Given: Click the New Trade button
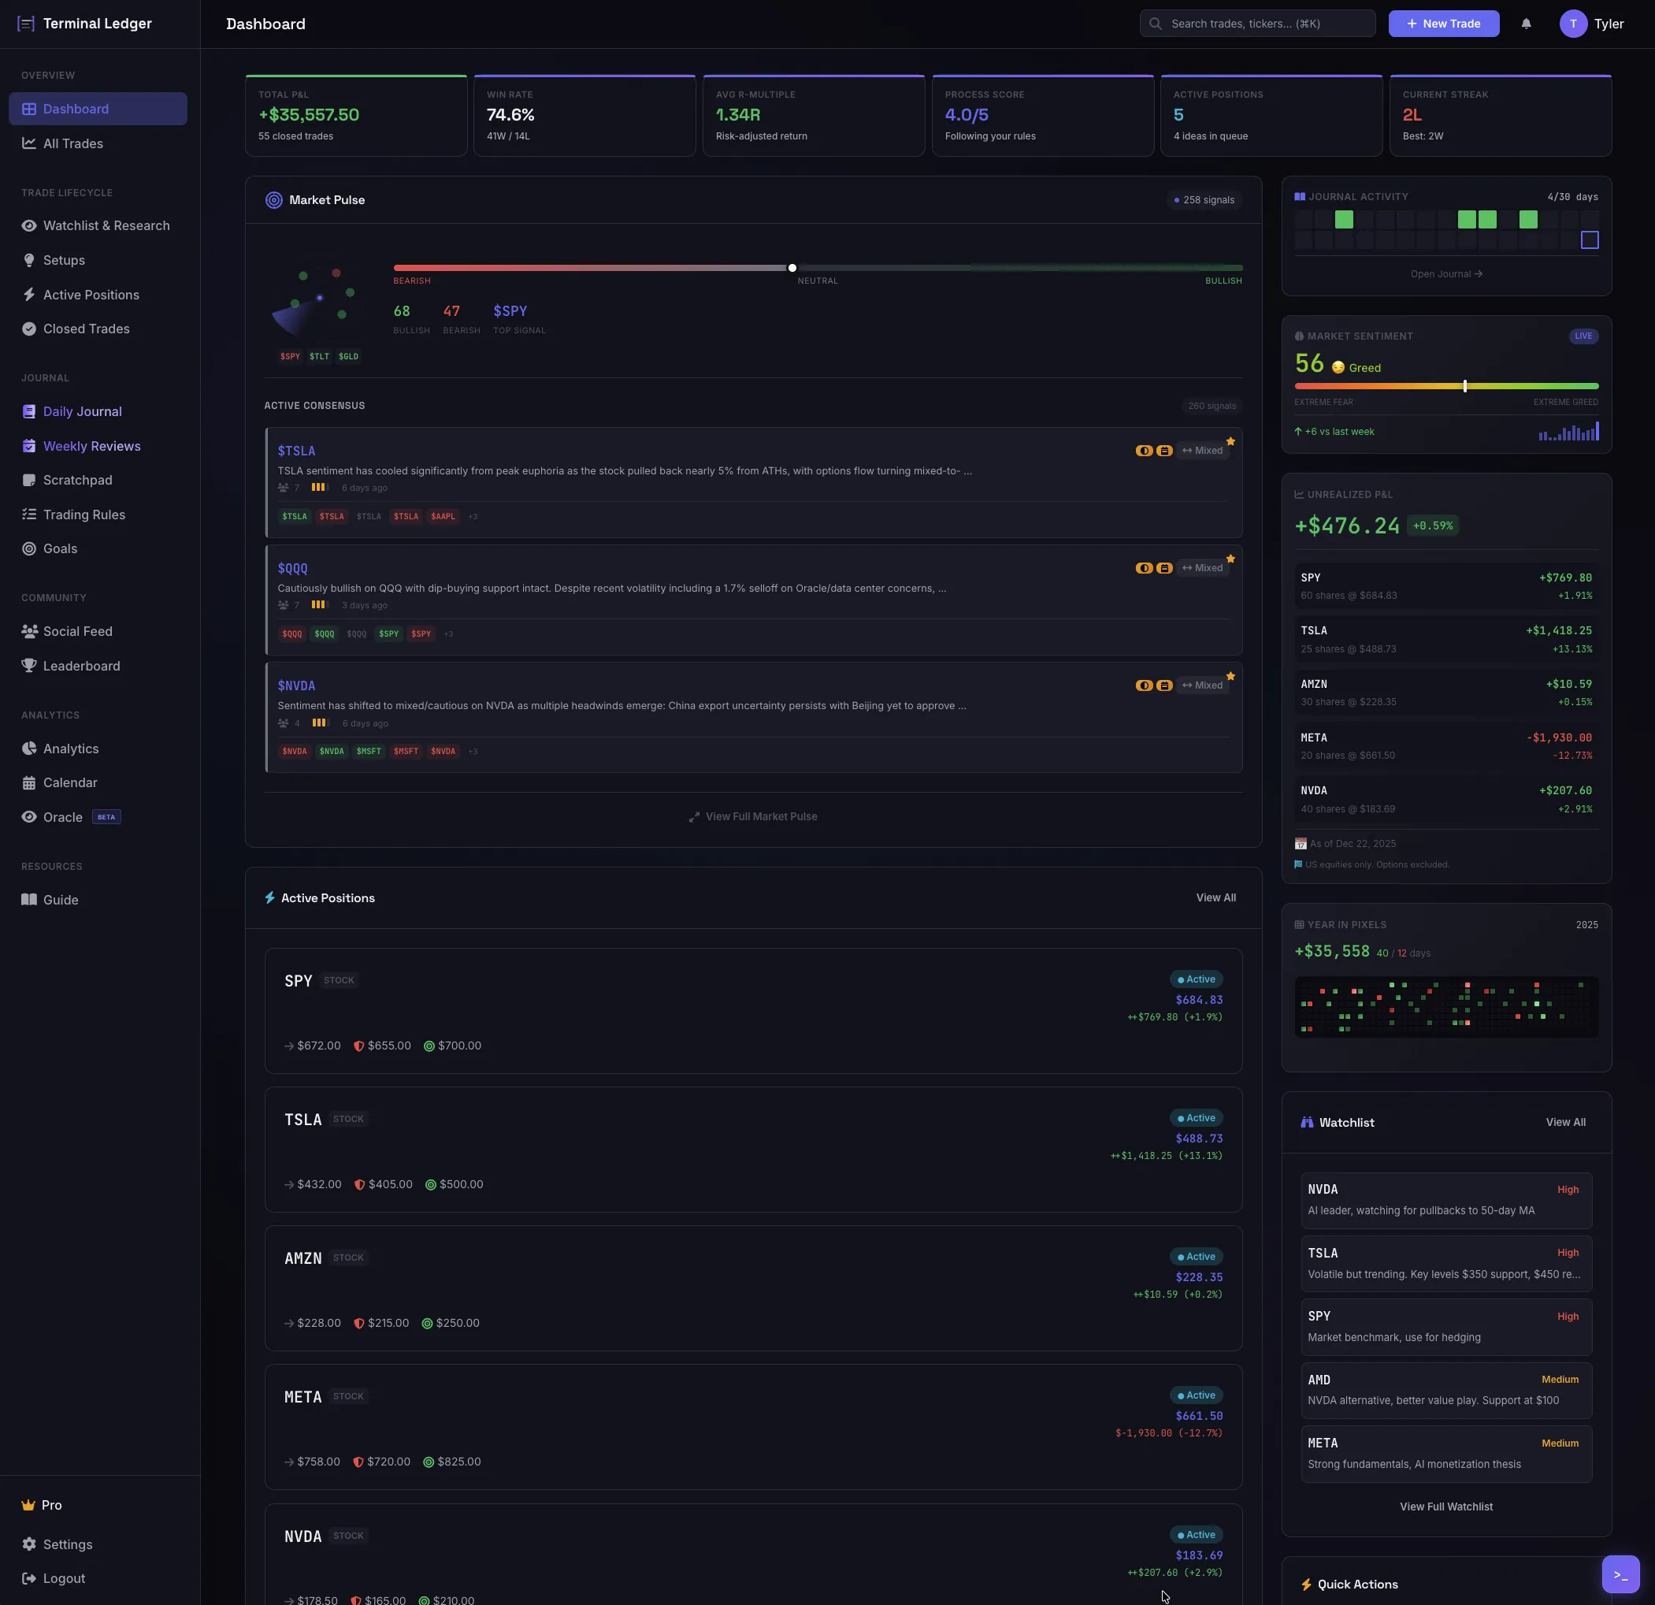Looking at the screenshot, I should click(x=1443, y=24).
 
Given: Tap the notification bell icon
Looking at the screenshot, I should click(x=1526, y=24).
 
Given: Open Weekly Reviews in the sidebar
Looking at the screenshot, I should click(x=91, y=446).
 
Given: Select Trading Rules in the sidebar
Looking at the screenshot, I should click(x=83, y=515).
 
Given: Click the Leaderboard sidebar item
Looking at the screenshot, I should click(x=81, y=666).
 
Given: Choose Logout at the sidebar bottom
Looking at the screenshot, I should click(x=63, y=1579).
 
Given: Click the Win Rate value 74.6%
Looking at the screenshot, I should click(x=510, y=115).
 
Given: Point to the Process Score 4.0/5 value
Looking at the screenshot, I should click(x=966, y=115).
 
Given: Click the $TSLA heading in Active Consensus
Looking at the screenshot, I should click(x=296, y=451).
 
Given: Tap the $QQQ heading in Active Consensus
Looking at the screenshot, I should click(x=292, y=569).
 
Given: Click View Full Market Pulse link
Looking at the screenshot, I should click(x=761, y=817).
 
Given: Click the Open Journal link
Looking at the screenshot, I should click(x=1445, y=273).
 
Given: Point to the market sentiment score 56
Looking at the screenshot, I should click(x=1309, y=364).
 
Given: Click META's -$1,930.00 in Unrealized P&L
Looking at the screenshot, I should click(x=1559, y=737).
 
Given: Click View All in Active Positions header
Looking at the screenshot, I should click(x=1215, y=898).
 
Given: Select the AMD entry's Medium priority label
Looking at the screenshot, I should click(x=1560, y=1380).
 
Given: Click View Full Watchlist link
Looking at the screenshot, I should click(x=1445, y=1507).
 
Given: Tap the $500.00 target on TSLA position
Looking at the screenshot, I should click(x=460, y=1184).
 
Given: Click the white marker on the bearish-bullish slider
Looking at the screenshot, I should click(x=792, y=268).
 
